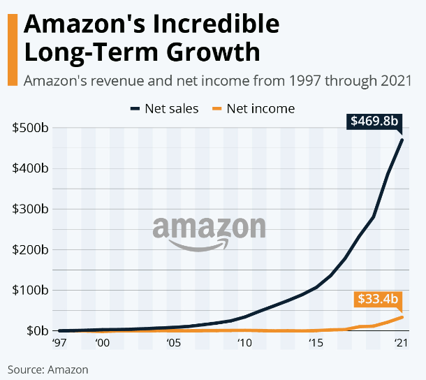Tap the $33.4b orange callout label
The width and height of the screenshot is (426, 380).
pyautogui.click(x=378, y=300)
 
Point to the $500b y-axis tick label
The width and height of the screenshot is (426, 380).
pyautogui.click(x=30, y=128)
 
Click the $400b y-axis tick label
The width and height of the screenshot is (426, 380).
pyautogui.click(x=30, y=168)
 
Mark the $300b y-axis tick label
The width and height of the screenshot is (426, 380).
pyautogui.click(x=30, y=209)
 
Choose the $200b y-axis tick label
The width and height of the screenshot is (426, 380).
pyautogui.click(x=30, y=249)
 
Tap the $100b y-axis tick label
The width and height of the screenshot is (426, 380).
pyautogui.click(x=30, y=290)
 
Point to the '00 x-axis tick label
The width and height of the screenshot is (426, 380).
pyautogui.click(x=103, y=343)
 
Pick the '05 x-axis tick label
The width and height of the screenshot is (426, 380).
pyautogui.click(x=174, y=343)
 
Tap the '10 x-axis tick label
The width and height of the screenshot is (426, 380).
pyautogui.click(x=244, y=343)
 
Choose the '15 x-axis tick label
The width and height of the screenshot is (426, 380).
pyautogui.click(x=316, y=343)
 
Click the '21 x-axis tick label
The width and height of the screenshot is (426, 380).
pyautogui.click(x=400, y=343)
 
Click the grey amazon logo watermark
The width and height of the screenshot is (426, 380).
pyautogui.click(x=209, y=231)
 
